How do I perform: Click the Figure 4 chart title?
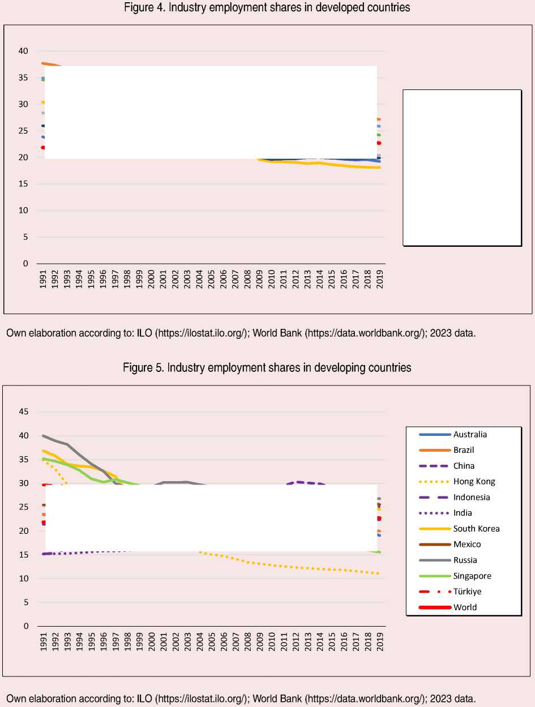tap(267, 8)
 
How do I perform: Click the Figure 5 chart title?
tap(267, 367)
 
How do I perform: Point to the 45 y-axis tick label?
tap(23, 412)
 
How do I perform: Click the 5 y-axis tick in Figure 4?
tap(25, 237)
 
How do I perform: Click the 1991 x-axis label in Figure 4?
tap(43, 280)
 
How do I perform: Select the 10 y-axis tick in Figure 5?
tap(23, 579)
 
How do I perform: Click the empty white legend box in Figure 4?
tap(461, 168)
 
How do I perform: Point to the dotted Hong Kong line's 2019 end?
tap(379, 573)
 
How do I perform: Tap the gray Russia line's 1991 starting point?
tap(43, 436)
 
